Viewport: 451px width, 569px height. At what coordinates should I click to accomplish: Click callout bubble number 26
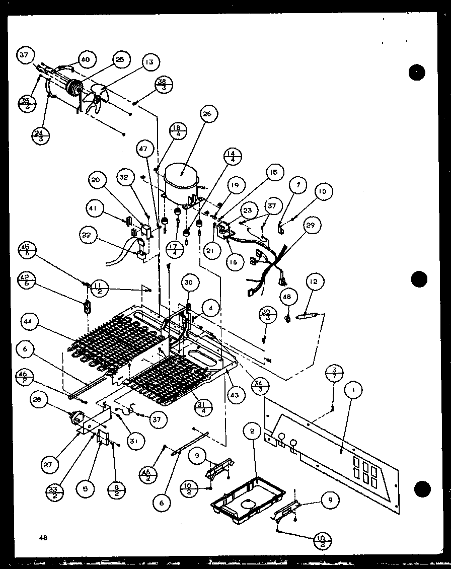[208, 114]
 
